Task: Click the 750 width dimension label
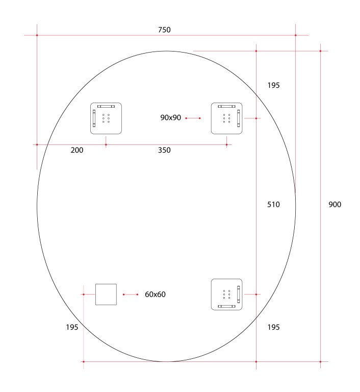[164, 30]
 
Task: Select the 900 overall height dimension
[335, 205]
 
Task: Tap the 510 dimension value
[274, 205]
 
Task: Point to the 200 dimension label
[77, 150]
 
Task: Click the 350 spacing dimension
[164, 150]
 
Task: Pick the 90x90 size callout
[170, 118]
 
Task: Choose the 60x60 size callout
[155, 295]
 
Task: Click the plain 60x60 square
[106, 295]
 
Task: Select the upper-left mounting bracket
[106, 118]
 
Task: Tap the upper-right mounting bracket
[227, 118]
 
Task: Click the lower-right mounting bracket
[227, 295]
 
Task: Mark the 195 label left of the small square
[72, 327]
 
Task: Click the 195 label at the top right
[273, 85]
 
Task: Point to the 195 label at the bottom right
[273, 327]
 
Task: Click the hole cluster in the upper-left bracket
[106, 118]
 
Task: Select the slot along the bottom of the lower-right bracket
[227, 306]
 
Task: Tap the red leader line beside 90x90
[193, 118]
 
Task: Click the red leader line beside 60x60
[130, 295]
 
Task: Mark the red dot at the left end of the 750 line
[37, 35]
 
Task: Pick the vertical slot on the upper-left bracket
[94, 118]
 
